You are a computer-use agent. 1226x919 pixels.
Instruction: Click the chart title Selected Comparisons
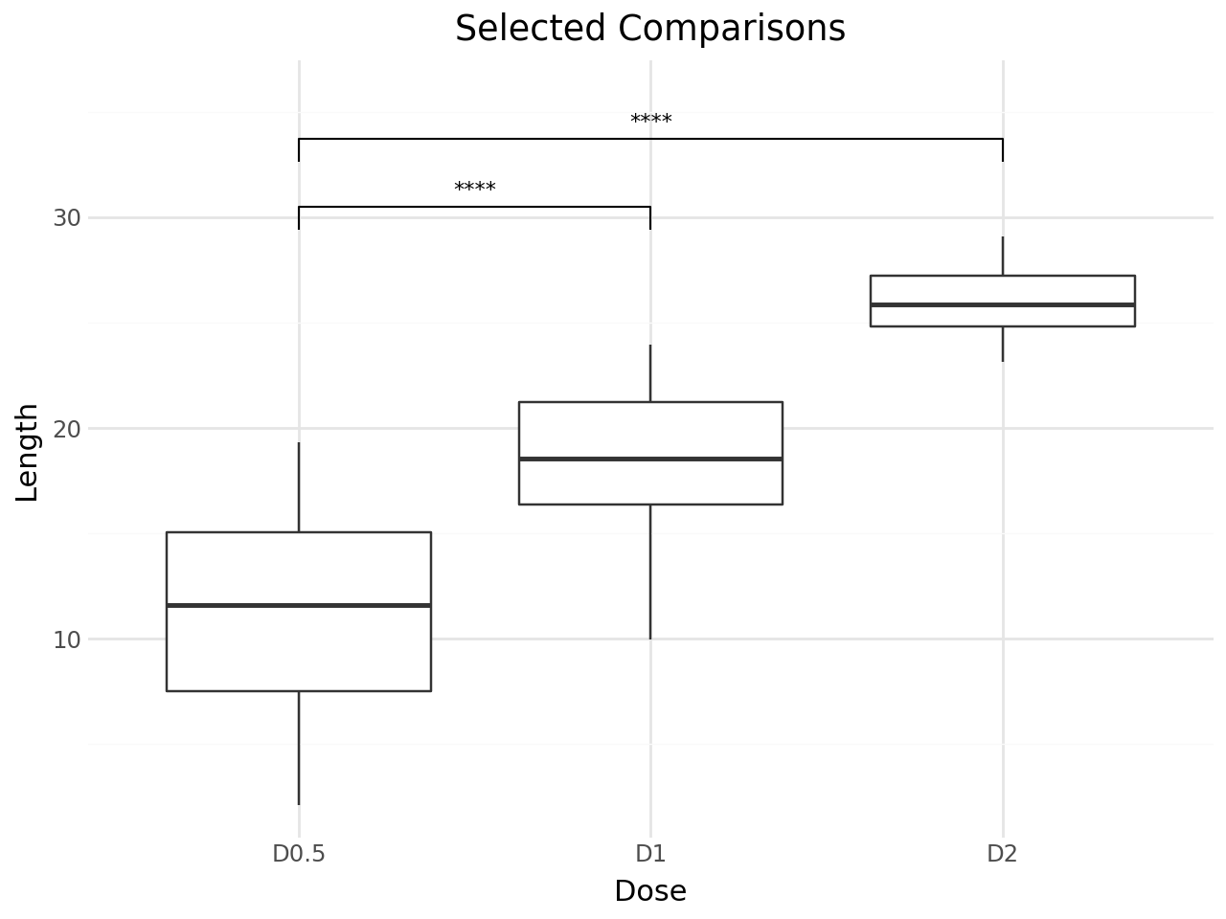(650, 29)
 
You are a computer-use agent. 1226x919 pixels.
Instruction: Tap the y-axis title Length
(29, 452)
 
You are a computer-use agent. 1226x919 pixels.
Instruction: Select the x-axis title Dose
(650, 891)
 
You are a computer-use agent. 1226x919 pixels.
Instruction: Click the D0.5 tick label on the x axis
(299, 854)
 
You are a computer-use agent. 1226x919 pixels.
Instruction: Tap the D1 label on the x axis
(650, 854)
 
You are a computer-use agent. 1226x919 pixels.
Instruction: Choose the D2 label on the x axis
(1002, 854)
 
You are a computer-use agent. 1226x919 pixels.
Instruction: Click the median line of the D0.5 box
(299, 605)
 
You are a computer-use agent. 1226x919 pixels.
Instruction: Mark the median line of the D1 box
(650, 459)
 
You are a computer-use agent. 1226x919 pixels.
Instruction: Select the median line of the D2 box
(1002, 304)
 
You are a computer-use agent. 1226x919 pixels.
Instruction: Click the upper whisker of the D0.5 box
(299, 486)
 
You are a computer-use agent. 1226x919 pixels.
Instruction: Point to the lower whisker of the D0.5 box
(299, 747)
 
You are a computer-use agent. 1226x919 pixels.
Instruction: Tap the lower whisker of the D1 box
(650, 571)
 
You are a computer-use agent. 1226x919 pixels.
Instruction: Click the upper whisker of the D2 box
(1002, 256)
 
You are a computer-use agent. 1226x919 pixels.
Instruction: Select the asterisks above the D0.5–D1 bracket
(475, 189)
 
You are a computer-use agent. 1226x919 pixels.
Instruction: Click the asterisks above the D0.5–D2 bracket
(650, 121)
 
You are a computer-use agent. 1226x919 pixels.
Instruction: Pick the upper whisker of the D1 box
(650, 373)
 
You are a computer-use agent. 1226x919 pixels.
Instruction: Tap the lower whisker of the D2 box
(1002, 344)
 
